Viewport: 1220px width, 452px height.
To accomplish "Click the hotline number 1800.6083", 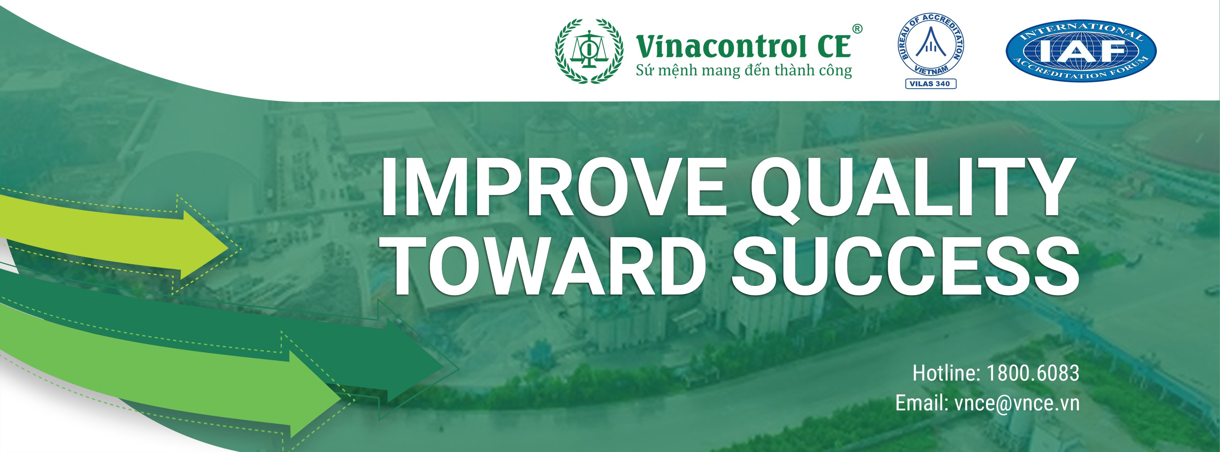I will [x=1033, y=373].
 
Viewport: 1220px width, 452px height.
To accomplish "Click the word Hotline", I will [x=945, y=373].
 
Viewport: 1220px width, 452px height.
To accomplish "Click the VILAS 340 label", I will [x=931, y=84].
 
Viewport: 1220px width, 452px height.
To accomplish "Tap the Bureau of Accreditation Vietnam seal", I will [x=931, y=45].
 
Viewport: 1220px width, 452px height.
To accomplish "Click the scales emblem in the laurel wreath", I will [x=589, y=50].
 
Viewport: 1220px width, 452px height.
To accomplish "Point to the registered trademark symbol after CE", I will [x=857, y=29].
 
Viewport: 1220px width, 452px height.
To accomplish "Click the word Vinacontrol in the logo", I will [x=721, y=47].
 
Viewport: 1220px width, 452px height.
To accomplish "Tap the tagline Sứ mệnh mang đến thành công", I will [x=743, y=71].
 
